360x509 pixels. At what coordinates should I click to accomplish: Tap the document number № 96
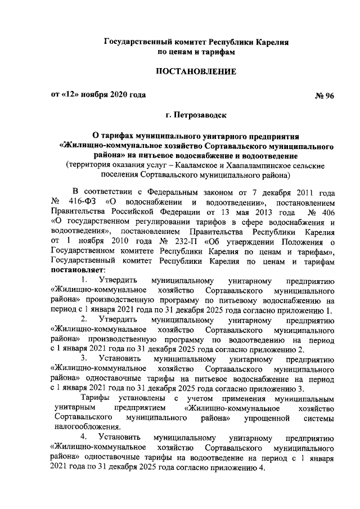pos(323,95)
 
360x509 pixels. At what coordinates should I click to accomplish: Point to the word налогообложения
pos(86,427)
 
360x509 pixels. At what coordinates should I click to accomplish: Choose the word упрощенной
pos(266,417)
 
